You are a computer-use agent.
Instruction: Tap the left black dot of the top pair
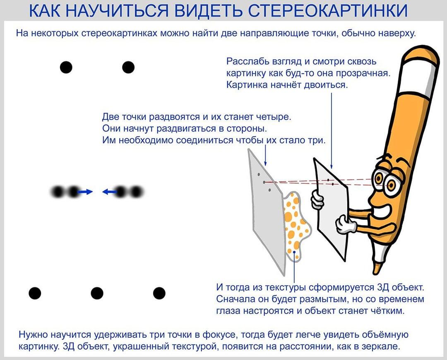pos(66,67)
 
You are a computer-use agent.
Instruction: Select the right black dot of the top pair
pos(128,67)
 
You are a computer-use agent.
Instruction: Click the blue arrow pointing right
pos(85,192)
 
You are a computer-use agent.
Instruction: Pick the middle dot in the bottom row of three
pos(97,293)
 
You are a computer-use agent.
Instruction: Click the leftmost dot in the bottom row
pos(35,293)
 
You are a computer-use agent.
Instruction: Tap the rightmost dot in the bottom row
pos(159,293)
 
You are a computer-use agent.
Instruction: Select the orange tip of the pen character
pos(376,267)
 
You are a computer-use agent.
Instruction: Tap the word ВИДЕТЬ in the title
pos(206,11)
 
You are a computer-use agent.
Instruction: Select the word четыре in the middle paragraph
pos(277,116)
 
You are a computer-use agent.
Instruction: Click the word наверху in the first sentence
pos(394,33)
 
